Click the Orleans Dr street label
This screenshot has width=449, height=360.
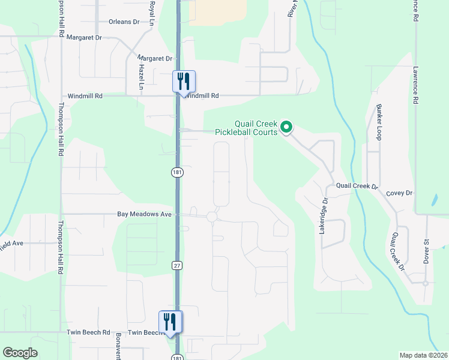pos(124,22)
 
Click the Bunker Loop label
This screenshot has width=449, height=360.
pos(379,122)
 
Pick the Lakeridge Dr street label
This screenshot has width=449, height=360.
pos(324,215)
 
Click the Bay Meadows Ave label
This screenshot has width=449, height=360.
pos(144,214)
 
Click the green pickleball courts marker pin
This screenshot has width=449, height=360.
pos(287,127)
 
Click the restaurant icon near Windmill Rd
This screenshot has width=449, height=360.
pos(184,81)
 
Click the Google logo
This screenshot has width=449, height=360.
pos(20,353)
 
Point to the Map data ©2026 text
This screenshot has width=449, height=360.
pos(423,355)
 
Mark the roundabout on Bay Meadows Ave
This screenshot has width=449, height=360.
pos(211,217)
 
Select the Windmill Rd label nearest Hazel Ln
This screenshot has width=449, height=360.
pos(85,96)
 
